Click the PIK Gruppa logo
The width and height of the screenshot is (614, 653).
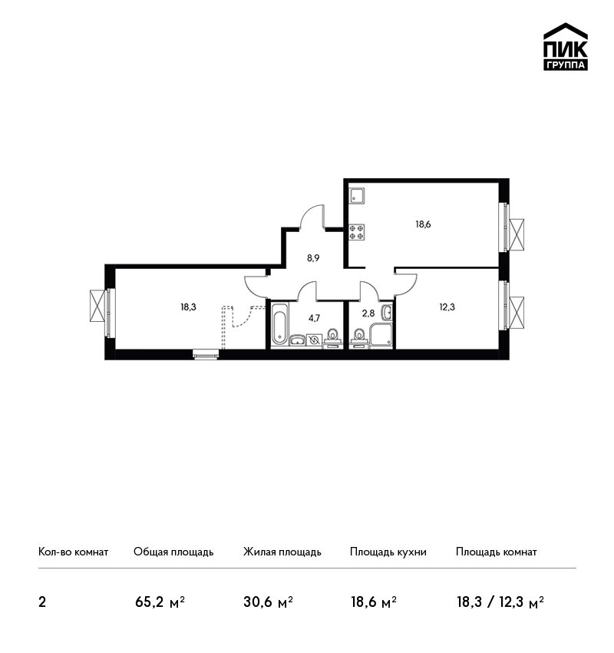[566, 47]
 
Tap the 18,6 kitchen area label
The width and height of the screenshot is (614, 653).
[423, 224]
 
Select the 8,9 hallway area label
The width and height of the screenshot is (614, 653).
[313, 258]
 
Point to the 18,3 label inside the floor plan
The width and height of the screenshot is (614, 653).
[188, 307]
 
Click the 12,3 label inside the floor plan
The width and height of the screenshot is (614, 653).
[447, 307]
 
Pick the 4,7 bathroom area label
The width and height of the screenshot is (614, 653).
[314, 319]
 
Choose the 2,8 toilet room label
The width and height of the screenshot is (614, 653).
[368, 313]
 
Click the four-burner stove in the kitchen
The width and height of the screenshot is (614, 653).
[356, 232]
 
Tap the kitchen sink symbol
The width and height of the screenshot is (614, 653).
[356, 196]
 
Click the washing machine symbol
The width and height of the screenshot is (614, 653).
[314, 340]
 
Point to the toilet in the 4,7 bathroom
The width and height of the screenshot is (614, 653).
[333, 338]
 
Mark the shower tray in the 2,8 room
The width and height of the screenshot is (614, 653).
[381, 335]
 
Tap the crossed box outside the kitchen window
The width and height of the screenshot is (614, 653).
[517, 235]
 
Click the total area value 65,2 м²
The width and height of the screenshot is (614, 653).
[160, 602]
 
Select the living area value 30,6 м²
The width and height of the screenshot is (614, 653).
[268, 602]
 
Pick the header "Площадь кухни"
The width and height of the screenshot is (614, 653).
[388, 552]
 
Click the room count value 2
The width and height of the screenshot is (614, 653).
[42, 602]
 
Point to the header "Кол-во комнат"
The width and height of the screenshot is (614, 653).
[73, 552]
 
